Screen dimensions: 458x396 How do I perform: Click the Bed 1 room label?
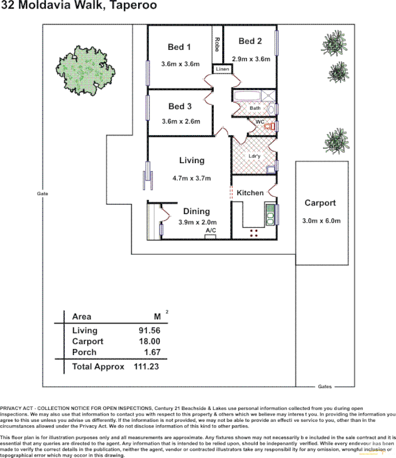point(179,47)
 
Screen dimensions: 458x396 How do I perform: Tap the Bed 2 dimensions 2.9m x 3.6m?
point(250,58)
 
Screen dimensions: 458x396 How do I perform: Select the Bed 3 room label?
point(180,106)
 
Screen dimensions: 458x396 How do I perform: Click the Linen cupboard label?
point(222,69)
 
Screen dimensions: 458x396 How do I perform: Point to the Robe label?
point(217,45)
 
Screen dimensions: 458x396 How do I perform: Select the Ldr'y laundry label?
point(255,155)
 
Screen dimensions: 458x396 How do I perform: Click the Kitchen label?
point(250,193)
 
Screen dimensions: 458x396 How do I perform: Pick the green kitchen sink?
point(269,214)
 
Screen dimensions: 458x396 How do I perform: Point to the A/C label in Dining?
point(210,230)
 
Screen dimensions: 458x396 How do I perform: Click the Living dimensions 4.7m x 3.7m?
point(192,177)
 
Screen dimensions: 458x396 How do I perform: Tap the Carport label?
point(320,203)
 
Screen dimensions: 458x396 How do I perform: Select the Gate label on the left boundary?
point(42,194)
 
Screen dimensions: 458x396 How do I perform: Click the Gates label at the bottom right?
point(325,386)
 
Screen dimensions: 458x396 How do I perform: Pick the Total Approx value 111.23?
point(146,366)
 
